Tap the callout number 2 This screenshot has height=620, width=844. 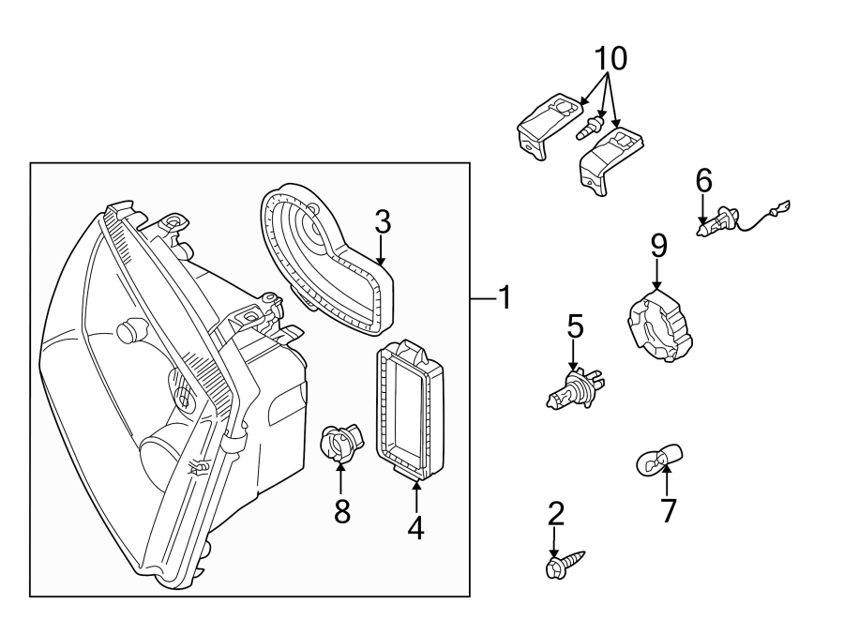[555, 513]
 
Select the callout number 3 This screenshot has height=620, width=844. [382, 223]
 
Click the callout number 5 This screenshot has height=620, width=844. [574, 327]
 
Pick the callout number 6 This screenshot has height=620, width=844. [703, 180]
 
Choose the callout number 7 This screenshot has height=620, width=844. [668, 510]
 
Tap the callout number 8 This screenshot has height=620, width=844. [342, 511]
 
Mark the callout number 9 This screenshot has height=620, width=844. [658, 247]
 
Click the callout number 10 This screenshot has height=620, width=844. [610, 58]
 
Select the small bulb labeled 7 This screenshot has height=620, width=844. [653, 460]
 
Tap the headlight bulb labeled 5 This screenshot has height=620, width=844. [575, 387]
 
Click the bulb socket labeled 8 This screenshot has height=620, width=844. [339, 443]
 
